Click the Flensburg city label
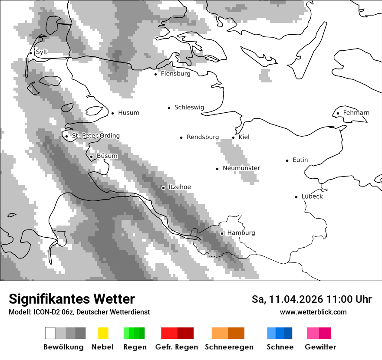(x=175, y=74)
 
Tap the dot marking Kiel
(x=233, y=137)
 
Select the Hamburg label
(x=241, y=233)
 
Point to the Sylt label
(x=42, y=52)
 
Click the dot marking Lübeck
(x=296, y=197)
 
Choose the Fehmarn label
(x=356, y=113)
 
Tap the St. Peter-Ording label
(x=95, y=136)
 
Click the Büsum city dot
(x=91, y=157)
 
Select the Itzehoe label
(x=179, y=187)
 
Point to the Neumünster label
(x=241, y=168)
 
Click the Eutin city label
(x=300, y=160)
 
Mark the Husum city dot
(x=112, y=113)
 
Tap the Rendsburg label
(x=203, y=137)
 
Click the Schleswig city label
(x=189, y=108)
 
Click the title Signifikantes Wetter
(x=72, y=299)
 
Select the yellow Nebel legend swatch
(x=103, y=333)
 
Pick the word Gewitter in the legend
(x=320, y=347)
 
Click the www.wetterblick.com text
(x=313, y=312)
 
